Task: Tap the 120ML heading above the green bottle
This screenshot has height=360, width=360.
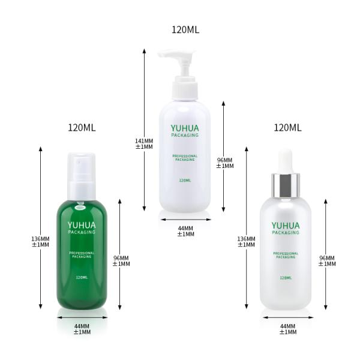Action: pos(82,128)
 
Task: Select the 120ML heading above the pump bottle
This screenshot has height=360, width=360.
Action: pos(185,30)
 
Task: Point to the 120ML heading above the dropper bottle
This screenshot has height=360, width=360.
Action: pos(287,128)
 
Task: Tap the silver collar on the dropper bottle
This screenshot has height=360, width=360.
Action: pos(286,185)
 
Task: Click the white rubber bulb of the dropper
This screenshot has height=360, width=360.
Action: pos(286,161)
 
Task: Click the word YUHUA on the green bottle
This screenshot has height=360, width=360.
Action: pos(82,225)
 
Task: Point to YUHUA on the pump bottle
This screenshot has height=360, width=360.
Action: pos(185,128)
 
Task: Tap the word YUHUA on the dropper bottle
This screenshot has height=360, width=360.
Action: pos(286,226)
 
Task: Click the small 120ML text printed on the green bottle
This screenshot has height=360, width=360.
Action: pos(82,278)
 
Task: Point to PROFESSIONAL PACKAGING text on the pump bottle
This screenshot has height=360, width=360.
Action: pos(185,158)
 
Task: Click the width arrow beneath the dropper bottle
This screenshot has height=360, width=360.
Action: pos(288,317)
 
